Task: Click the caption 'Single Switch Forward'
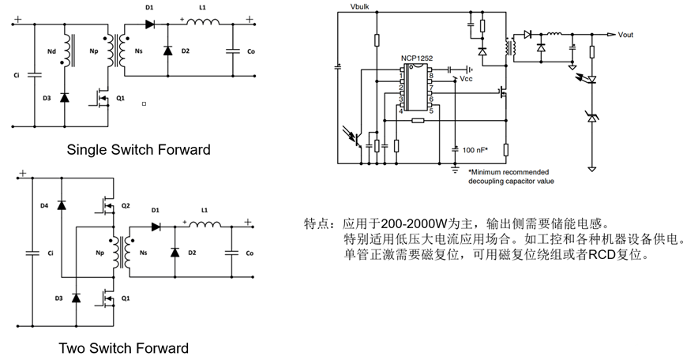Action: coord(138,149)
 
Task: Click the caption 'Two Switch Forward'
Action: coord(124,347)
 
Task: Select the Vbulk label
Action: coord(349,7)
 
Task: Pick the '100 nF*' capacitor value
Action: coord(475,148)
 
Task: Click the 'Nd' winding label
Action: coord(51,54)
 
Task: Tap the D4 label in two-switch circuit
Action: coord(44,205)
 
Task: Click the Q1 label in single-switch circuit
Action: coord(120,98)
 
